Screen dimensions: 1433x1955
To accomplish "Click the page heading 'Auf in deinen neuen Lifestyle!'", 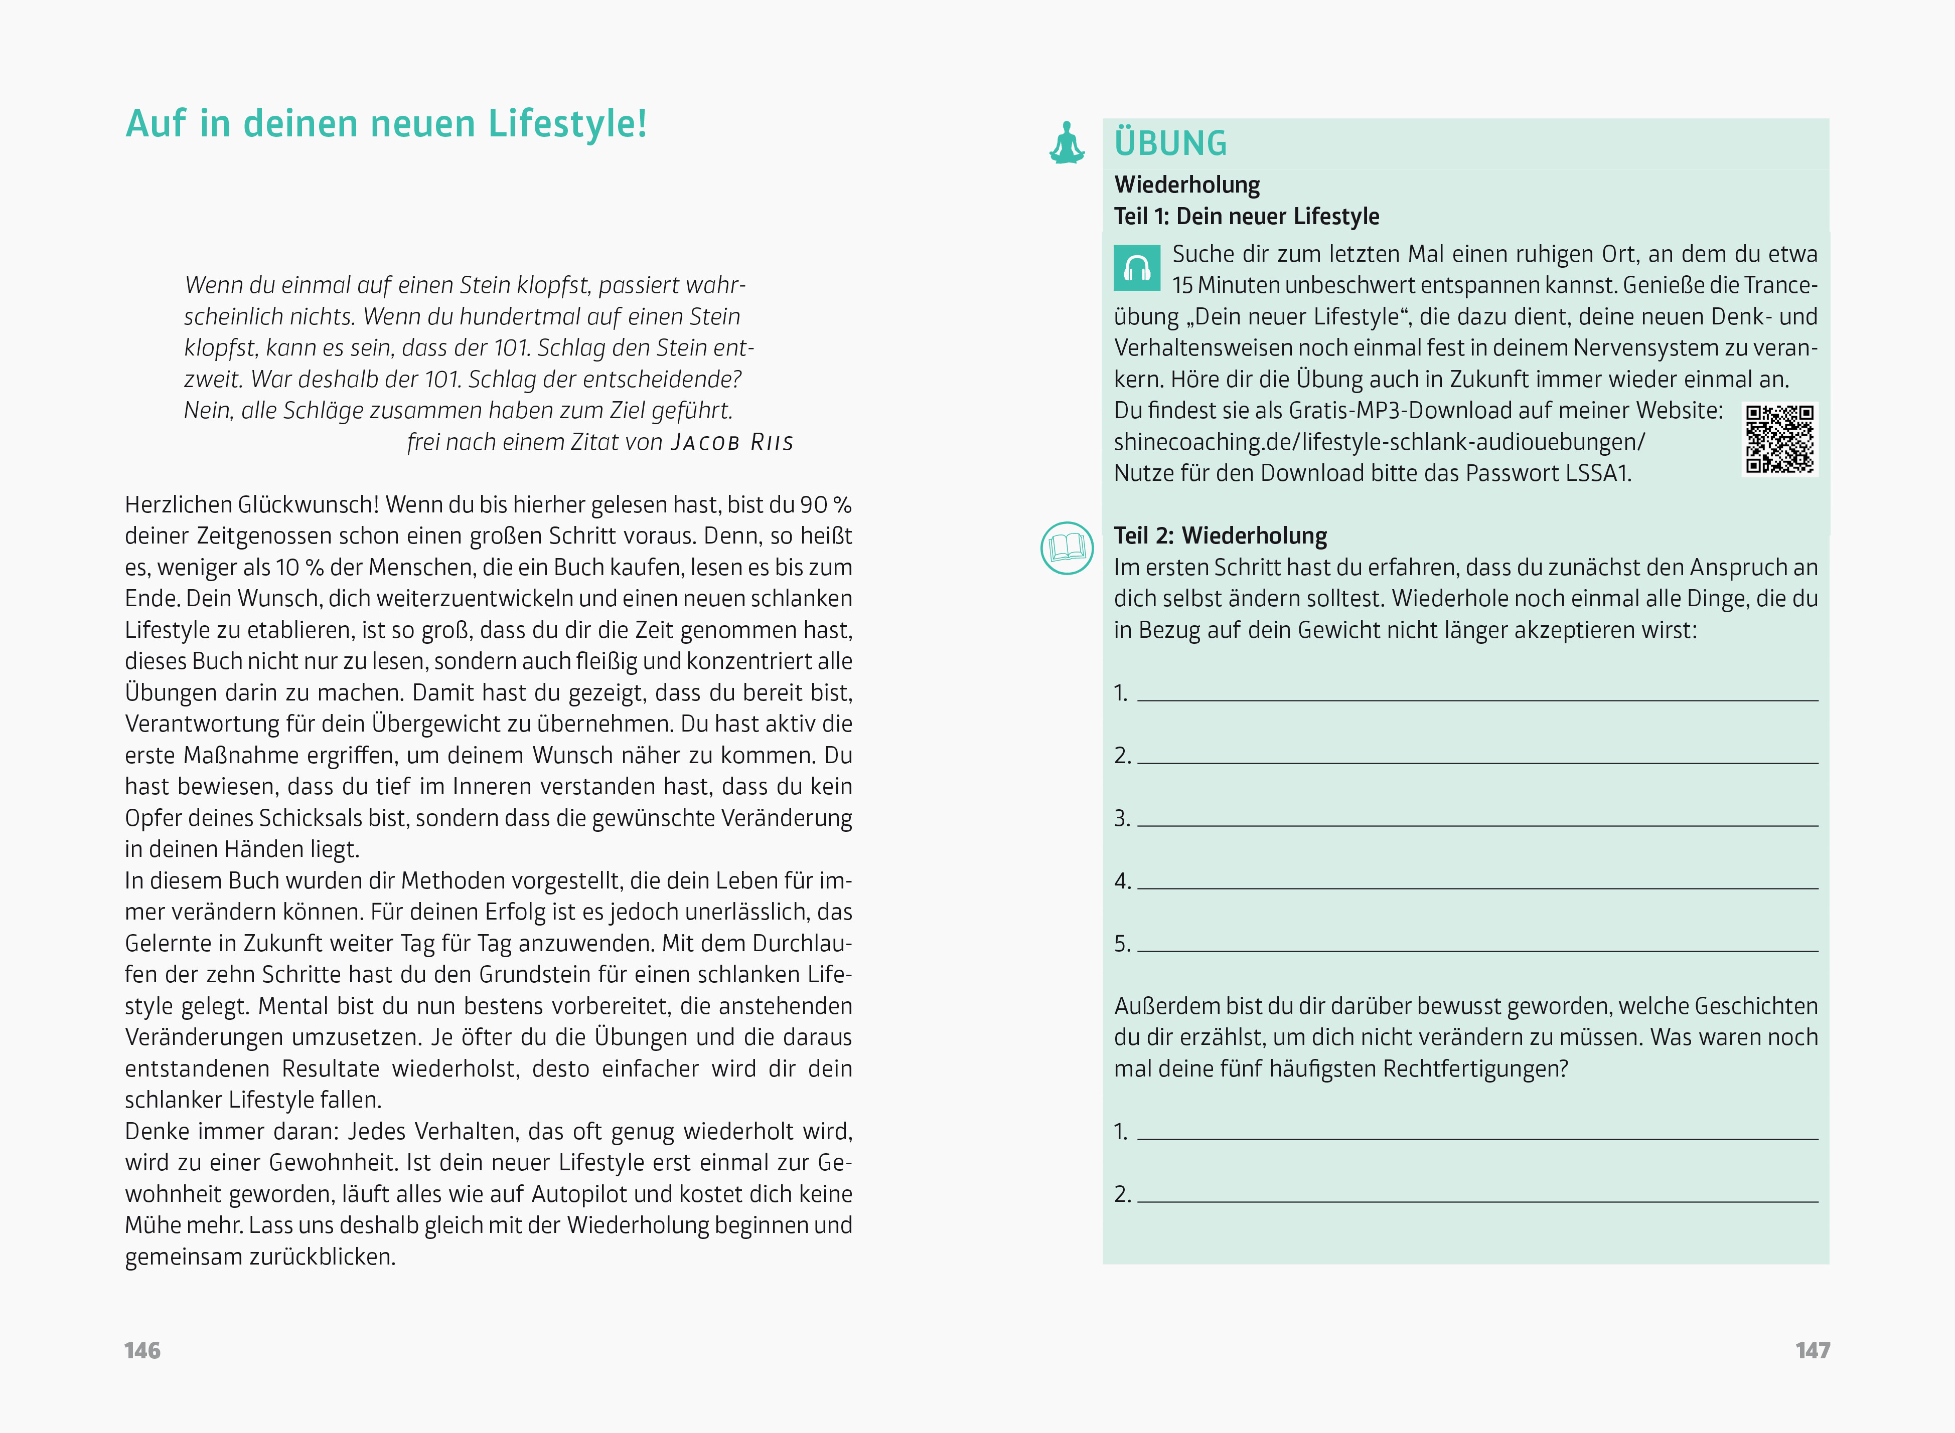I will (x=386, y=123).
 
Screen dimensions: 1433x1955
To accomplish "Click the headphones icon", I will (x=1137, y=268).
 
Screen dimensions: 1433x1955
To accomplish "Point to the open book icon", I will (x=1067, y=548).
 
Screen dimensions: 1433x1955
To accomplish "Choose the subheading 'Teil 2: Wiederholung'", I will (x=1220, y=536).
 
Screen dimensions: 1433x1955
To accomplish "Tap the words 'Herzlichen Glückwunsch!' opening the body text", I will (x=252, y=505).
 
